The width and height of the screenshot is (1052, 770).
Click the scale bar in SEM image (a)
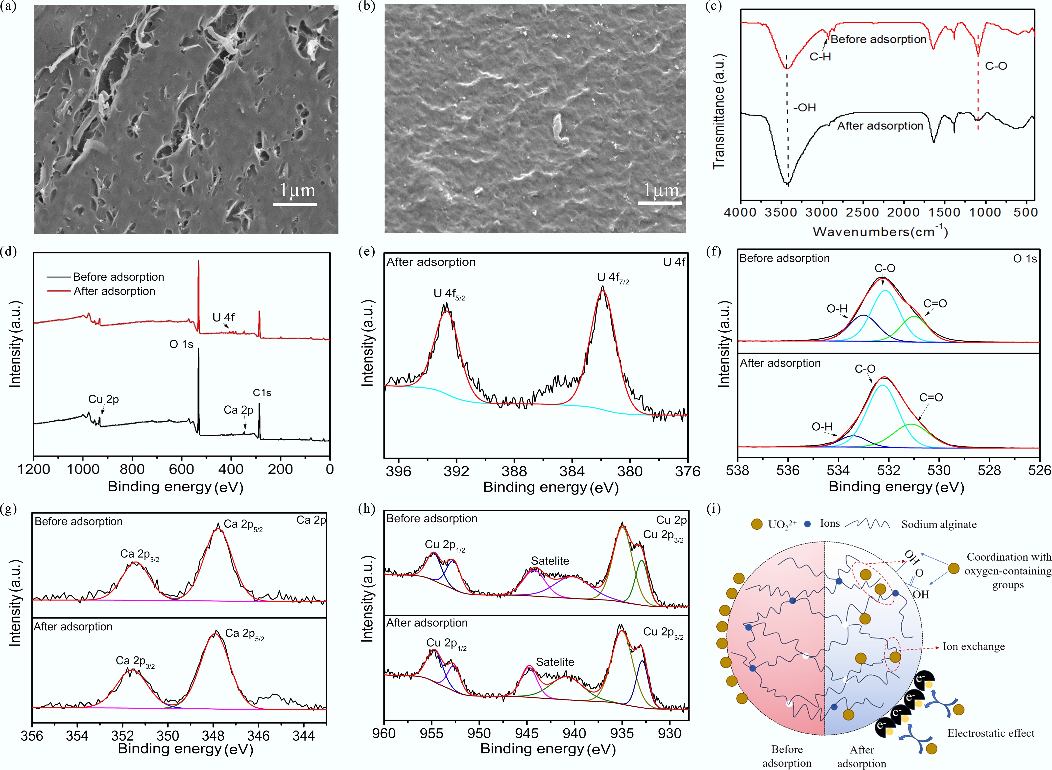click(295, 204)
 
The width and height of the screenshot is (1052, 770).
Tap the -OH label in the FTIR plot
click(805, 108)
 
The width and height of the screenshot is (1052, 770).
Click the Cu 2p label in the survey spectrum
click(103, 399)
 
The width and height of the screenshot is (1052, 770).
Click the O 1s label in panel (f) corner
click(1025, 259)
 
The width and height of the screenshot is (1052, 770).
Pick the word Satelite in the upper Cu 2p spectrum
click(550, 561)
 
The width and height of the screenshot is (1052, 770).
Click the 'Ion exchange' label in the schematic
click(973, 646)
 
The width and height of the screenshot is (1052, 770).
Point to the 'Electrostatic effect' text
click(990, 733)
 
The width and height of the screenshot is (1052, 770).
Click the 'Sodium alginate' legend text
click(939, 524)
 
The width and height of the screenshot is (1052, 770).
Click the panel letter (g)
click(8, 509)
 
